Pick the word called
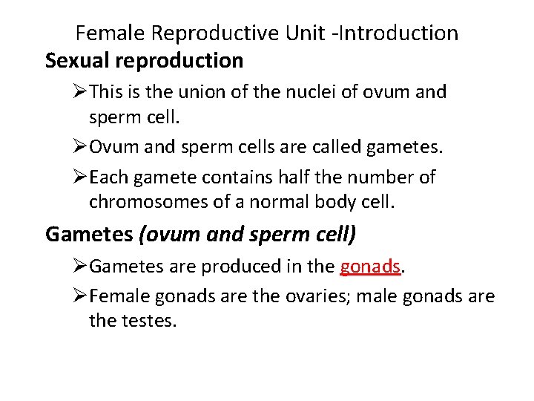tap(334, 146)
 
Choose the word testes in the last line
tap(151, 322)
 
